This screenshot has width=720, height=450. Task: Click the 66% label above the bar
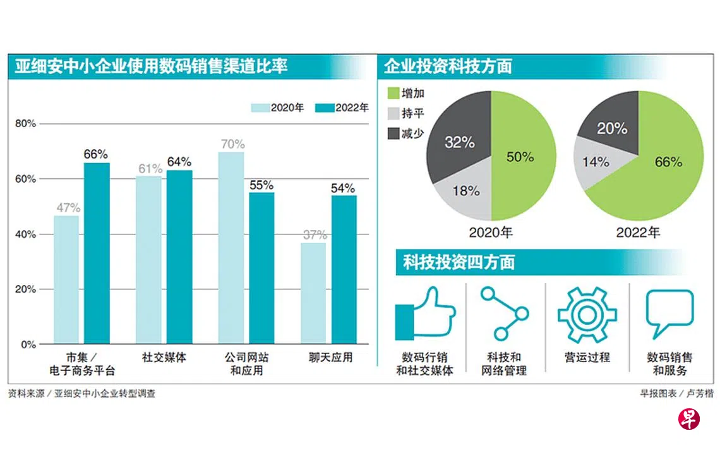[96, 154]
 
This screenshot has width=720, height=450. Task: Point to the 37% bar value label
[314, 235]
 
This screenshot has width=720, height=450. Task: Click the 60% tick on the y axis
[26, 179]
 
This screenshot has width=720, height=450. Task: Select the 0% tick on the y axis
[28, 345]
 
